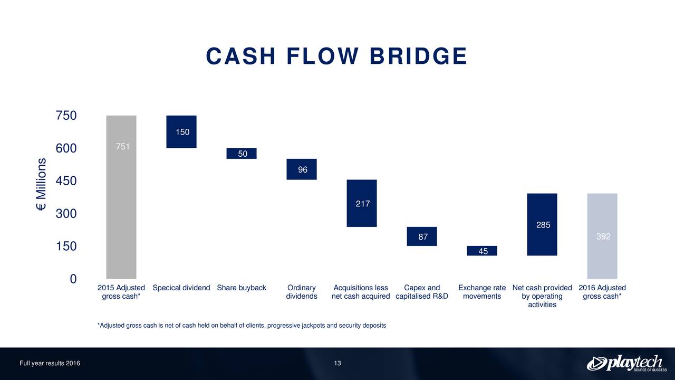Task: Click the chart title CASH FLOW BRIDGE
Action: click(336, 56)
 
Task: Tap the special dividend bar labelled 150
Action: click(181, 131)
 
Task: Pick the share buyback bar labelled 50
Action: click(242, 153)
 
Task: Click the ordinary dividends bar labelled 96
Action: click(302, 169)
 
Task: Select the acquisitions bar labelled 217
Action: click(362, 203)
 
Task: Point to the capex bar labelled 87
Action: click(422, 236)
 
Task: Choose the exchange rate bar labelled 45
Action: click(482, 251)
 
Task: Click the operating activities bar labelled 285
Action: click(542, 224)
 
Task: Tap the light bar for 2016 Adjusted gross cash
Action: click(602, 236)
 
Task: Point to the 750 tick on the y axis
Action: click(66, 116)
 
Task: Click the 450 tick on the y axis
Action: click(66, 181)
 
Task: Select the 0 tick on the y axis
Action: click(73, 279)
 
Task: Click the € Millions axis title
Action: click(42, 185)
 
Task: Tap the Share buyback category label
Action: click(242, 288)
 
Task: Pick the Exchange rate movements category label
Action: click(482, 292)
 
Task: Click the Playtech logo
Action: click(624, 363)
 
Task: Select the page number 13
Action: click(337, 363)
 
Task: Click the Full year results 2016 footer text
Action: click(50, 363)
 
